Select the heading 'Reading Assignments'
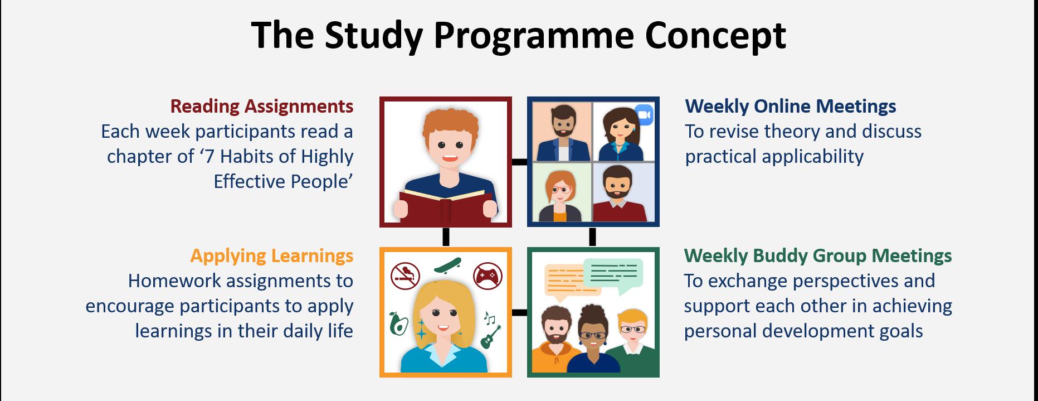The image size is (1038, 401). click(262, 106)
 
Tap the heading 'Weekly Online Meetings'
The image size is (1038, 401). click(791, 106)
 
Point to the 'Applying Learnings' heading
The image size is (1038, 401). click(272, 255)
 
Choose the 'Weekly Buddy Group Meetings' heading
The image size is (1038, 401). click(818, 255)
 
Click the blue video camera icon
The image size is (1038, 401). click(644, 114)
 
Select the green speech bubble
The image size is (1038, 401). click(613, 274)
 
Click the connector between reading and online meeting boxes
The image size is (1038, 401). click(519, 162)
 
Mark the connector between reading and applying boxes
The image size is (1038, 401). click(446, 236)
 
